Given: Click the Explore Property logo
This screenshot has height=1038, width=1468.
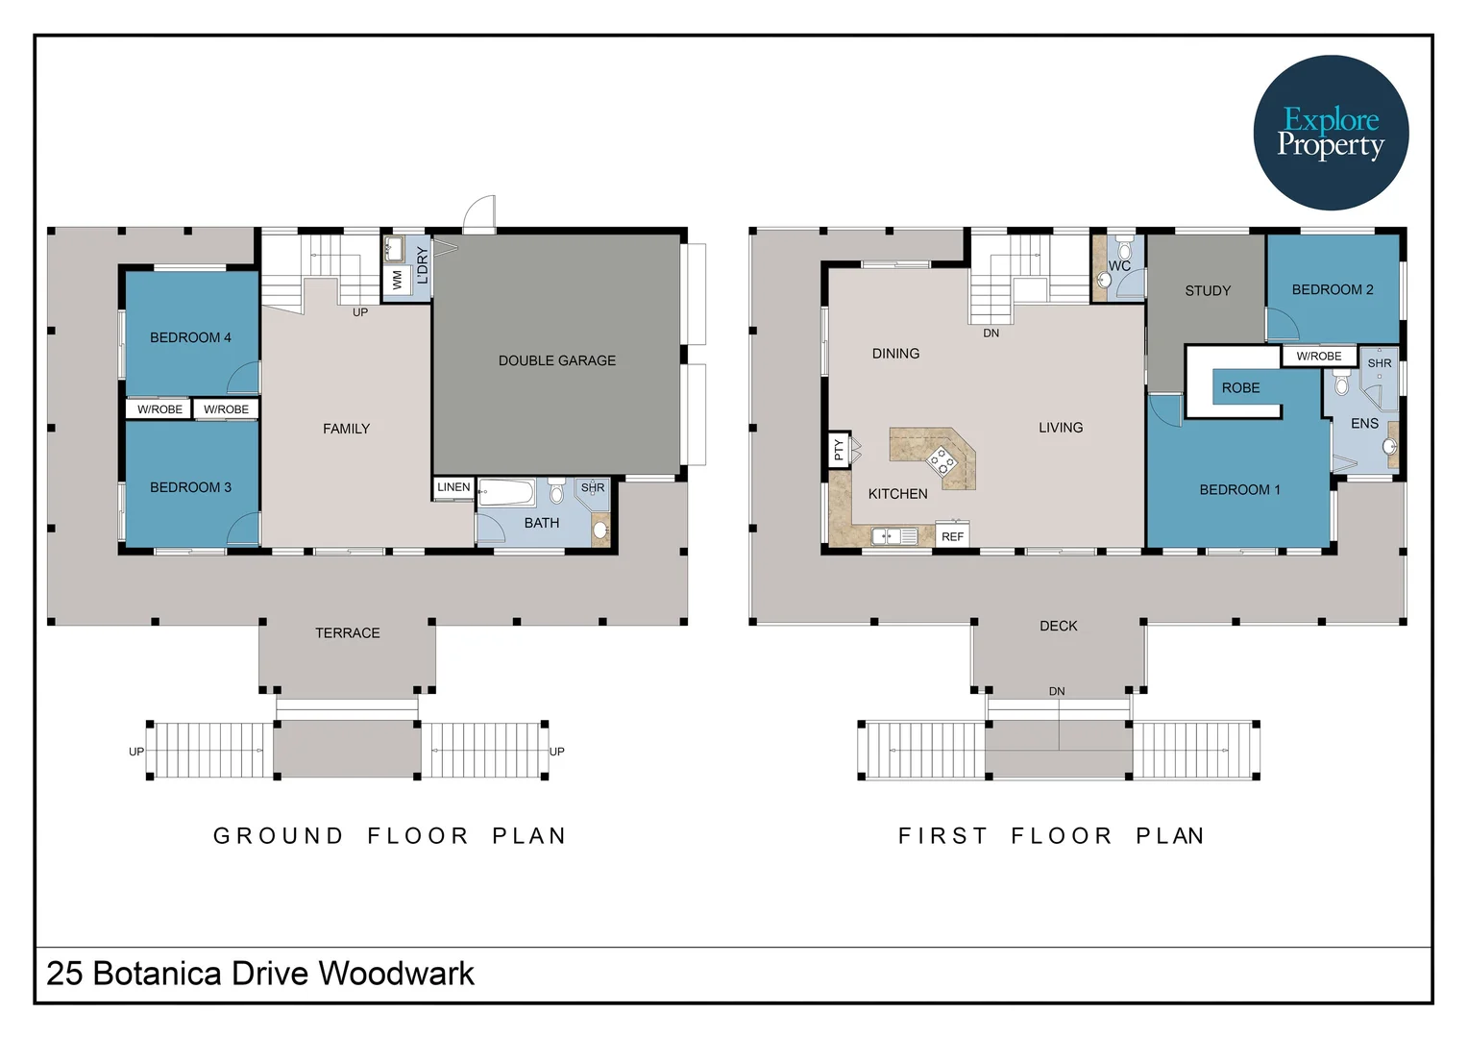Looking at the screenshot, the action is [x=1331, y=133].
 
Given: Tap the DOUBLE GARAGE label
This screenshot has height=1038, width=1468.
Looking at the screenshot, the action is [x=557, y=360].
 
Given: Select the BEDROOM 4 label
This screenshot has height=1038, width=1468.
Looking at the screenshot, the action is [x=191, y=337].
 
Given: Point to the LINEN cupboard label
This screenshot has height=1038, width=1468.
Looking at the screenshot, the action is [x=453, y=487].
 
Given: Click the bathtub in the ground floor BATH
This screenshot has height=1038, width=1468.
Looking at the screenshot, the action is [x=506, y=491].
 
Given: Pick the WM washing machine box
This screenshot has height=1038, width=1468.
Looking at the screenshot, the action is [x=398, y=280].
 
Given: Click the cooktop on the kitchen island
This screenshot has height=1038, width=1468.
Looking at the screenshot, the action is [x=942, y=459].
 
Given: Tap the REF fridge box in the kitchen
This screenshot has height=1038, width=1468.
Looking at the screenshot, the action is [x=952, y=535].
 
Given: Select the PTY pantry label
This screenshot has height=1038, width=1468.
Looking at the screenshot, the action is [x=839, y=449].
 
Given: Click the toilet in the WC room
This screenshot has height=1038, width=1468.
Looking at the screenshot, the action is [x=1125, y=249].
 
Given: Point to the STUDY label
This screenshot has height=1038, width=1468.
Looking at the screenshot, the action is [x=1208, y=290].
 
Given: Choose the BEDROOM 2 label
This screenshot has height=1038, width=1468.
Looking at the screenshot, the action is [x=1333, y=290].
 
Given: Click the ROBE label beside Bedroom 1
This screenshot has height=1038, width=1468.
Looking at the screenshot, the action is [x=1240, y=388].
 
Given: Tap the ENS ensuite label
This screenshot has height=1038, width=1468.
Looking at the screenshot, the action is [x=1364, y=424].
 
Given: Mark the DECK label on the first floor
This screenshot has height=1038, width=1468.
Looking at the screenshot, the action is [x=1059, y=627].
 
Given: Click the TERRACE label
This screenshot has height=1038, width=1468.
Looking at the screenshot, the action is [x=348, y=633].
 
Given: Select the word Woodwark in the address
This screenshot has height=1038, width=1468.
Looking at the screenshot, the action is [x=396, y=974].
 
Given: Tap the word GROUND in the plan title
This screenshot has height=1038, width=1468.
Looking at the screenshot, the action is [x=279, y=836].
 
